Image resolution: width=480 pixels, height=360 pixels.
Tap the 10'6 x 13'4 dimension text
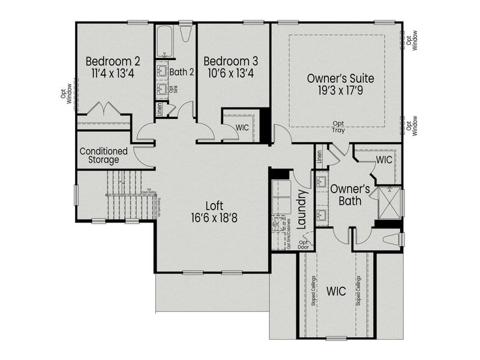230,75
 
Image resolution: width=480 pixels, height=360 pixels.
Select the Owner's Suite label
340,78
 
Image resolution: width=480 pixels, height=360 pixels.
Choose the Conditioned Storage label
103,155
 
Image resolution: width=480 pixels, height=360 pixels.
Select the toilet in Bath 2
185,34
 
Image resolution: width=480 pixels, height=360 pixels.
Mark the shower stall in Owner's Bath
392,202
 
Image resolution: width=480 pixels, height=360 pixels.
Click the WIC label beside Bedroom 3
242,128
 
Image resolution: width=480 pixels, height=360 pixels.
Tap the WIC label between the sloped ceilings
336,292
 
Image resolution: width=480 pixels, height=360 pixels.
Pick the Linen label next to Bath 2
159,109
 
